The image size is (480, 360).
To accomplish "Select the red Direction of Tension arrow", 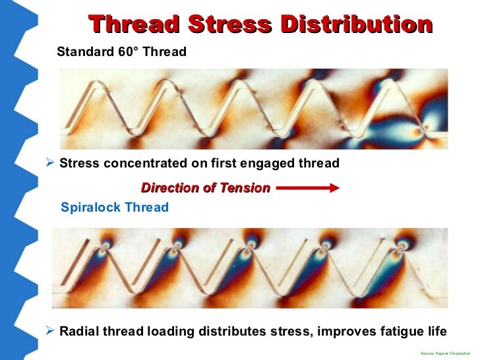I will tap(307, 189).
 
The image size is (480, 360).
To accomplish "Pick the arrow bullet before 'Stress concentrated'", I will tap(49, 163).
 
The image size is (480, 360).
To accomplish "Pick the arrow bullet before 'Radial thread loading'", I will tap(49, 330).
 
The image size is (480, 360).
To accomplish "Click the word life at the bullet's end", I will tap(435, 331).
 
